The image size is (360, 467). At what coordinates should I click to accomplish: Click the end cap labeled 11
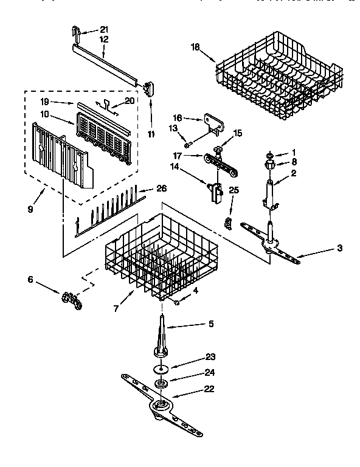pos(150,88)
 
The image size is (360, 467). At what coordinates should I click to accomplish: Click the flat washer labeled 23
pos(161,369)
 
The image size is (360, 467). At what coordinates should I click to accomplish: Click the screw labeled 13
pos(188,143)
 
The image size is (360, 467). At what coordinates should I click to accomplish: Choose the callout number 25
pos(234,190)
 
